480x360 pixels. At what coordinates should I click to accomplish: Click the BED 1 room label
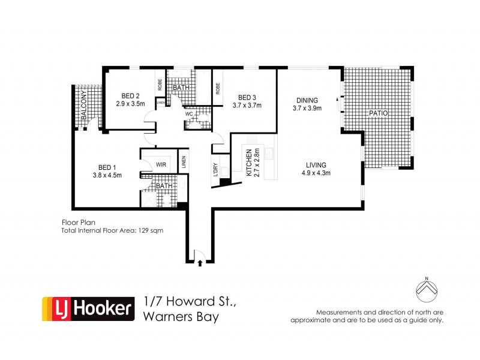coord(110,168)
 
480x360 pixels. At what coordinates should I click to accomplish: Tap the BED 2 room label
coord(130,95)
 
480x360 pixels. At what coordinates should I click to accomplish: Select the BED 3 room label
coord(247,98)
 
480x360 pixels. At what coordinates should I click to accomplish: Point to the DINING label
coord(307,100)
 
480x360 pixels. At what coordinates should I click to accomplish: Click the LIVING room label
coord(316,165)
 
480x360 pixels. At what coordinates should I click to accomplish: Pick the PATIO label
coord(379,113)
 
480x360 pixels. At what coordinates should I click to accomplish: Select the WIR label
coord(161,163)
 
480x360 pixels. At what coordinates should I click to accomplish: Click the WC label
coord(188,114)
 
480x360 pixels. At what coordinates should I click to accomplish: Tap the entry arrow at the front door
coord(200,262)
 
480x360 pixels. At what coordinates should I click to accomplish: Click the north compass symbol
coord(426,291)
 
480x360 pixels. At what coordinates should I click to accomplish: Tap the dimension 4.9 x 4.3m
coord(316,173)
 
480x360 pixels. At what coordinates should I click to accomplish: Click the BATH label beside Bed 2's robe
coord(181,88)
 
